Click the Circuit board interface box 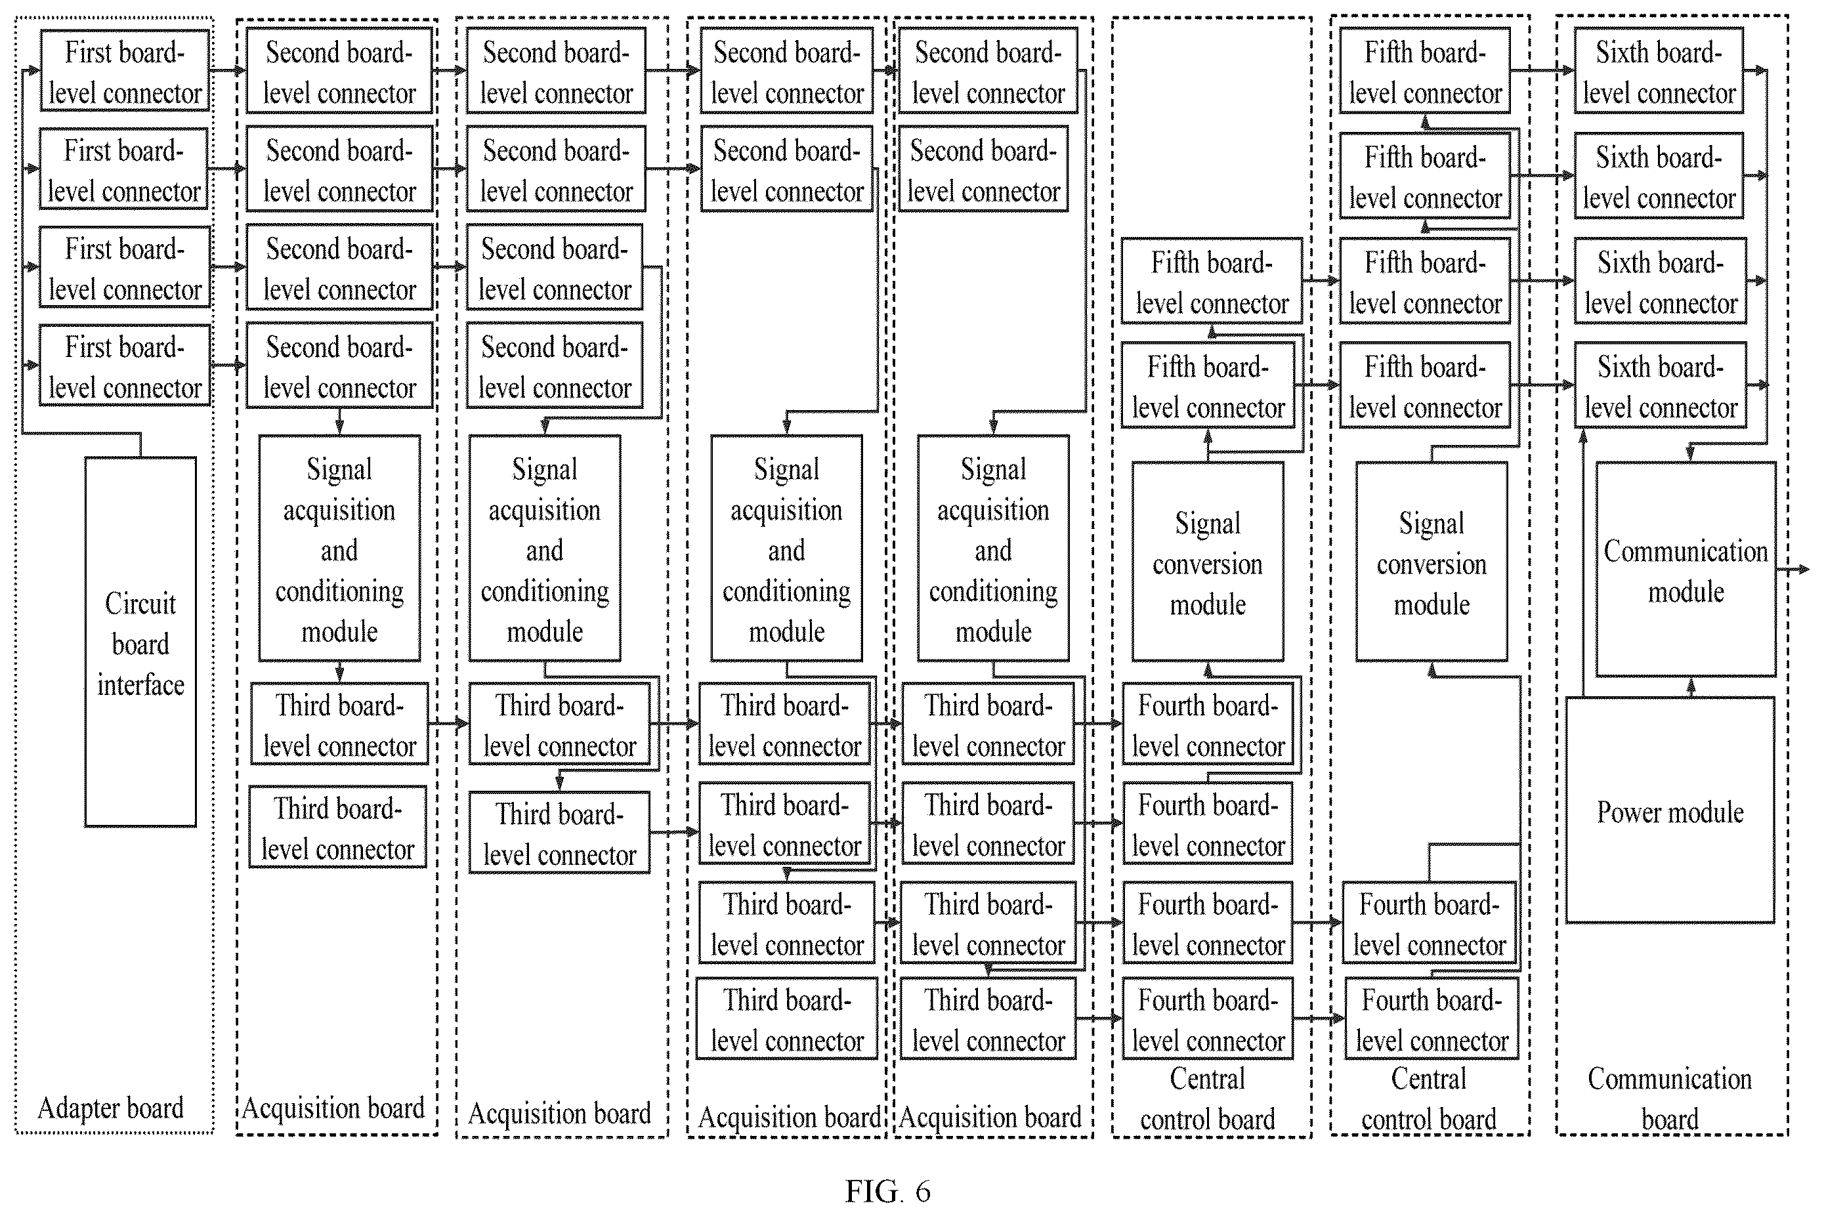click(x=140, y=642)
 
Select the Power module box click(x=1670, y=810)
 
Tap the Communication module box click(x=1686, y=570)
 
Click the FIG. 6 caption click(x=887, y=1190)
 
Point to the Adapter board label click(x=111, y=1108)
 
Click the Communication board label click(x=1670, y=1098)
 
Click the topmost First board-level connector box click(x=125, y=72)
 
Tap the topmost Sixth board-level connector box click(x=1658, y=72)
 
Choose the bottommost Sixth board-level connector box click(x=1660, y=385)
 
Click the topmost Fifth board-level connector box click(x=1425, y=72)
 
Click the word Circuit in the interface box click(x=140, y=603)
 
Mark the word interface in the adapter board click(x=140, y=684)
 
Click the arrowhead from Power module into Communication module click(x=1691, y=684)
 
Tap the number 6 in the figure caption click(x=922, y=1190)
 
